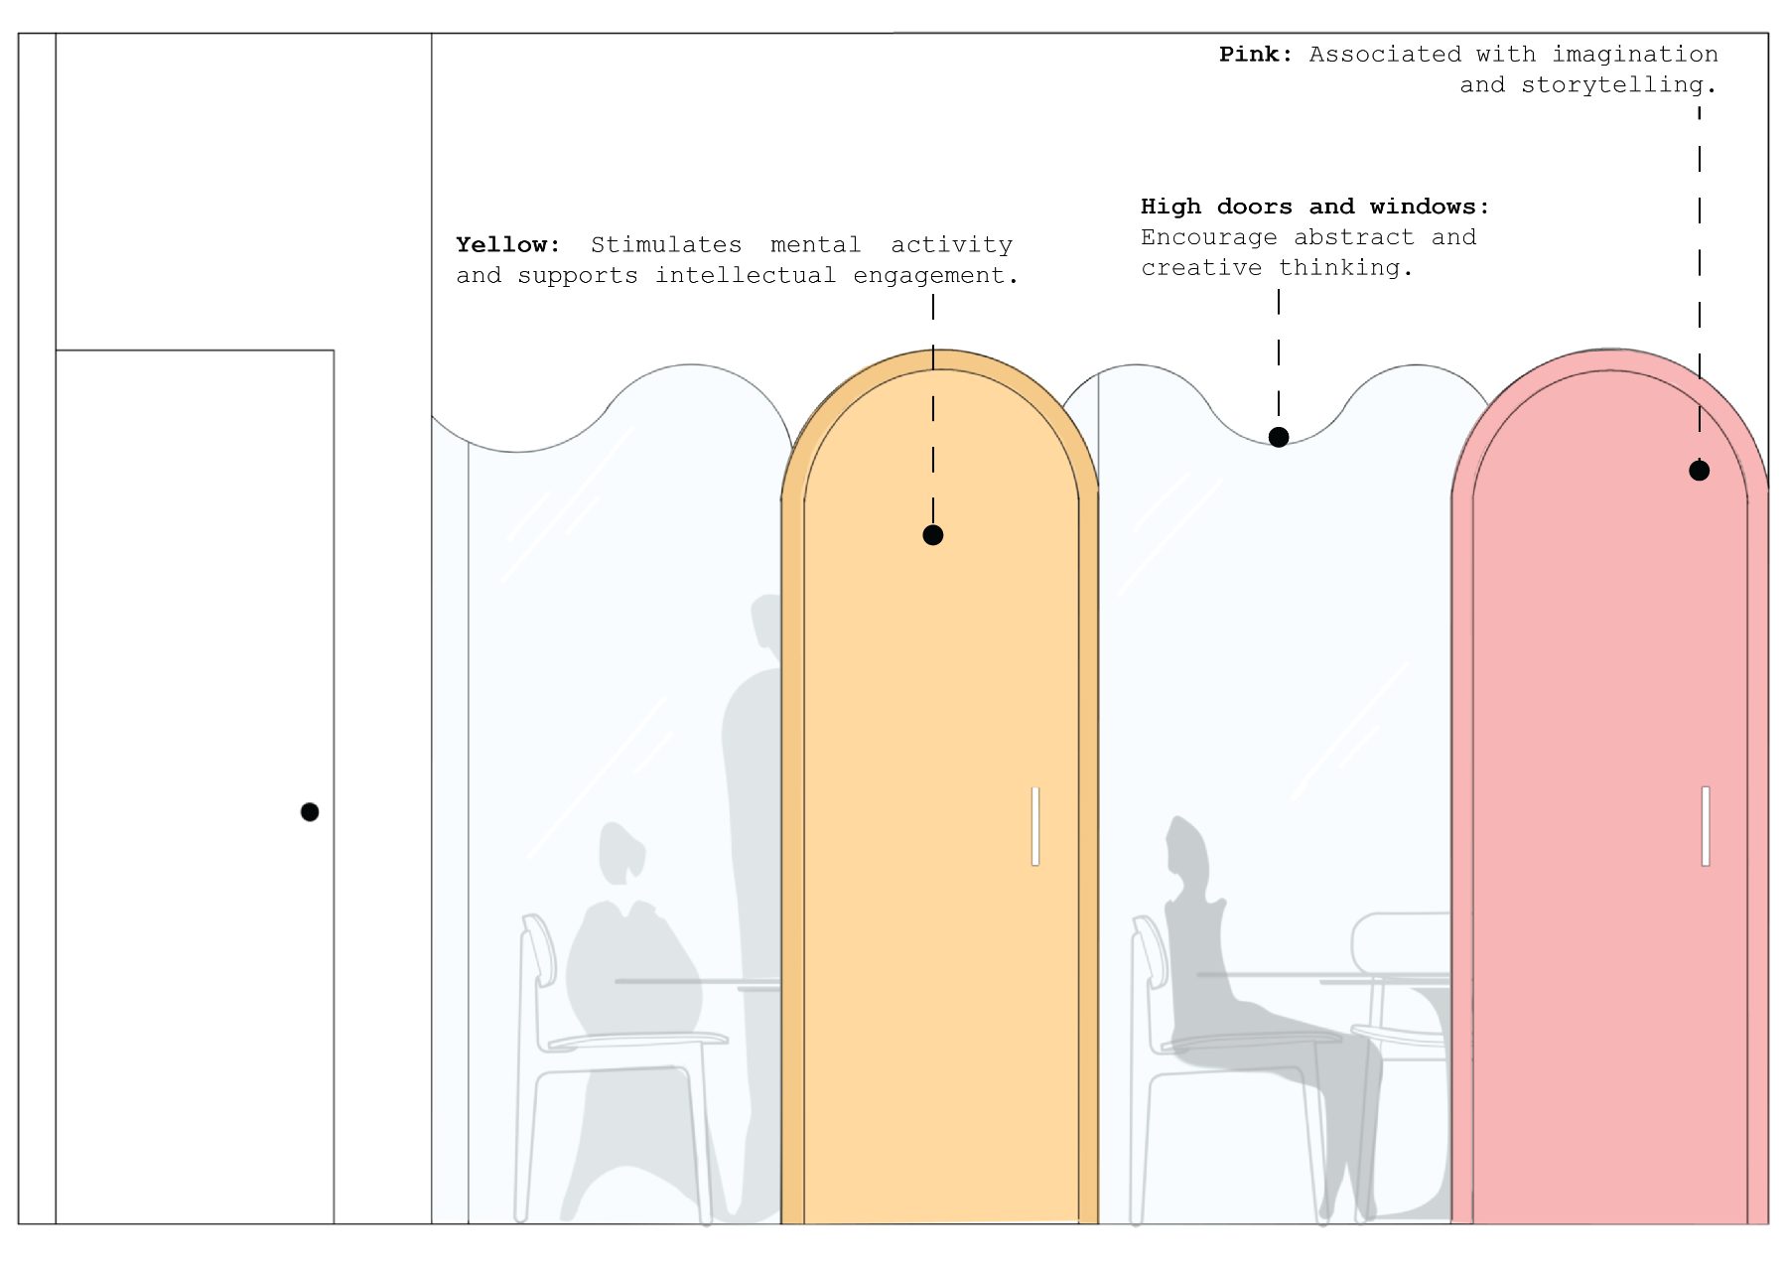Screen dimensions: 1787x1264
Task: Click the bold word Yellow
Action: click(507, 244)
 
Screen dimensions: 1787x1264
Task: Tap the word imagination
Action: click(1634, 55)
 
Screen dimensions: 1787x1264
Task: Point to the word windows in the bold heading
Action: click(1429, 207)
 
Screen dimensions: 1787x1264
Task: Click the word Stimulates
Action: click(666, 244)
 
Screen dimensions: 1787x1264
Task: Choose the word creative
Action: click(1201, 268)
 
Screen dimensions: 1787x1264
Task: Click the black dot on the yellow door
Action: click(932, 535)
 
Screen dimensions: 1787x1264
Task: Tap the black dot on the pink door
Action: click(1699, 471)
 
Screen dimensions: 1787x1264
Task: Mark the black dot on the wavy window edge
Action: click(1279, 437)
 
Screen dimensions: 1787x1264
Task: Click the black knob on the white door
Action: click(310, 812)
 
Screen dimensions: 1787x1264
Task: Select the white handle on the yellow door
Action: click(1035, 826)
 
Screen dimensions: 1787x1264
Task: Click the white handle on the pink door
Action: click(1706, 826)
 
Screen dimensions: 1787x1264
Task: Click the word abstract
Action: click(1353, 237)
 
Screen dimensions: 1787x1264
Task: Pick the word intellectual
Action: click(745, 275)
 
